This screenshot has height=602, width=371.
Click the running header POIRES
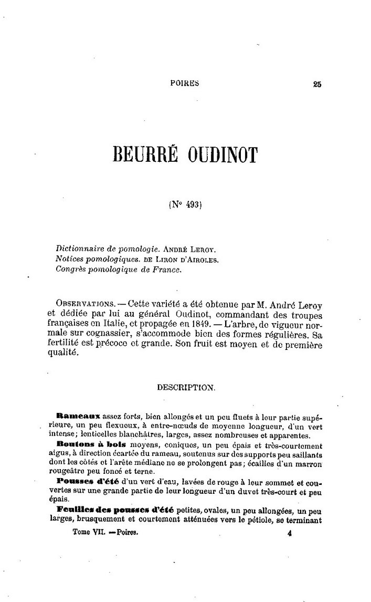tap(185, 83)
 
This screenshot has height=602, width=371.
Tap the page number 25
tap(316, 84)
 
